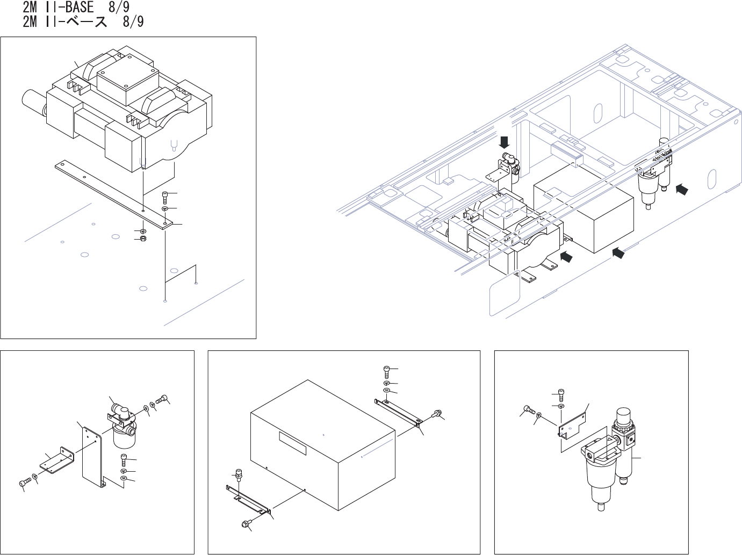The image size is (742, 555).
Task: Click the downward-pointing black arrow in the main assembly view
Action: point(505,143)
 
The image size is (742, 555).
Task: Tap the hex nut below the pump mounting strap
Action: point(143,239)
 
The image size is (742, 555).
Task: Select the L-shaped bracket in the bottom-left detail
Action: point(54,463)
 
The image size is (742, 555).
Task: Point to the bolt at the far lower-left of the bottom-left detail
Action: point(23,484)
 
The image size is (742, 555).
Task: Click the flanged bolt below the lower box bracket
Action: point(246,524)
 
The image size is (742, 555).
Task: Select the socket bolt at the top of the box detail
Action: point(387,369)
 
